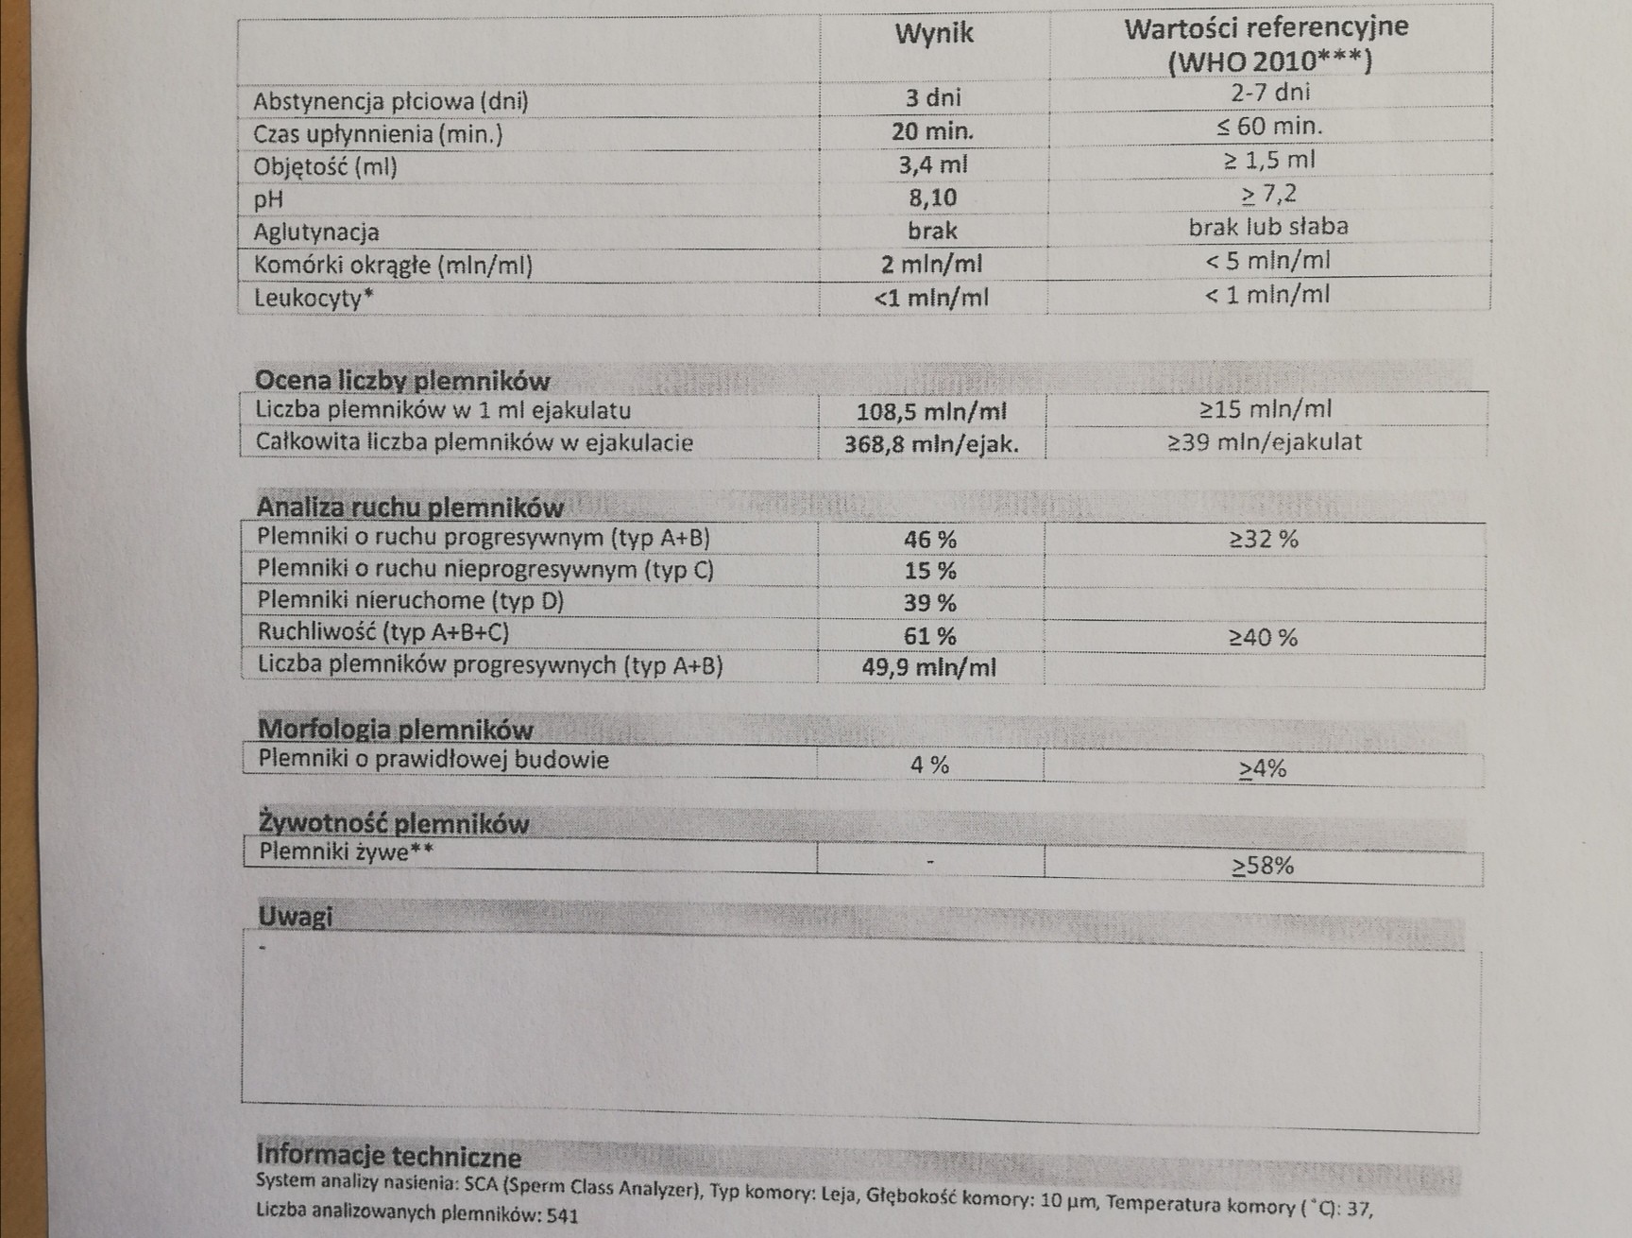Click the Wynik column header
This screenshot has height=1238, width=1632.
[933, 34]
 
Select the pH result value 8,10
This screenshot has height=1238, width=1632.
[932, 198]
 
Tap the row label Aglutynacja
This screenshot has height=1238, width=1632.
[316, 232]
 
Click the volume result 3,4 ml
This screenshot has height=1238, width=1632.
[932, 164]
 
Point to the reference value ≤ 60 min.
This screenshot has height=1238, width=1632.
[1268, 127]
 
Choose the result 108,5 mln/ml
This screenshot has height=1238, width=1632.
[931, 412]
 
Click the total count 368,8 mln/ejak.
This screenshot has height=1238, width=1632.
[931, 444]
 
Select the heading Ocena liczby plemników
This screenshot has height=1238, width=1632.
[402, 381]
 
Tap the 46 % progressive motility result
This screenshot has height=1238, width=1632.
[930, 540]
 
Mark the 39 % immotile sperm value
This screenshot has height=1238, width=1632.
[930, 603]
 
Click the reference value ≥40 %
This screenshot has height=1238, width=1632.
[1263, 638]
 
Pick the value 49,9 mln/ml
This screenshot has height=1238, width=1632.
[929, 667]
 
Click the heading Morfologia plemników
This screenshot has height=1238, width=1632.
[396, 730]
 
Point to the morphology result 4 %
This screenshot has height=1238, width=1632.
[929, 765]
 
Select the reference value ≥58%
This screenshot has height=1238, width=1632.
[1263, 866]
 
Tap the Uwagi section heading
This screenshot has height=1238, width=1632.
[295, 917]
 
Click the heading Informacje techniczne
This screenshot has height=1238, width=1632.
[388, 1157]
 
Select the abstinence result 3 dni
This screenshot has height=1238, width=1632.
[932, 97]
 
